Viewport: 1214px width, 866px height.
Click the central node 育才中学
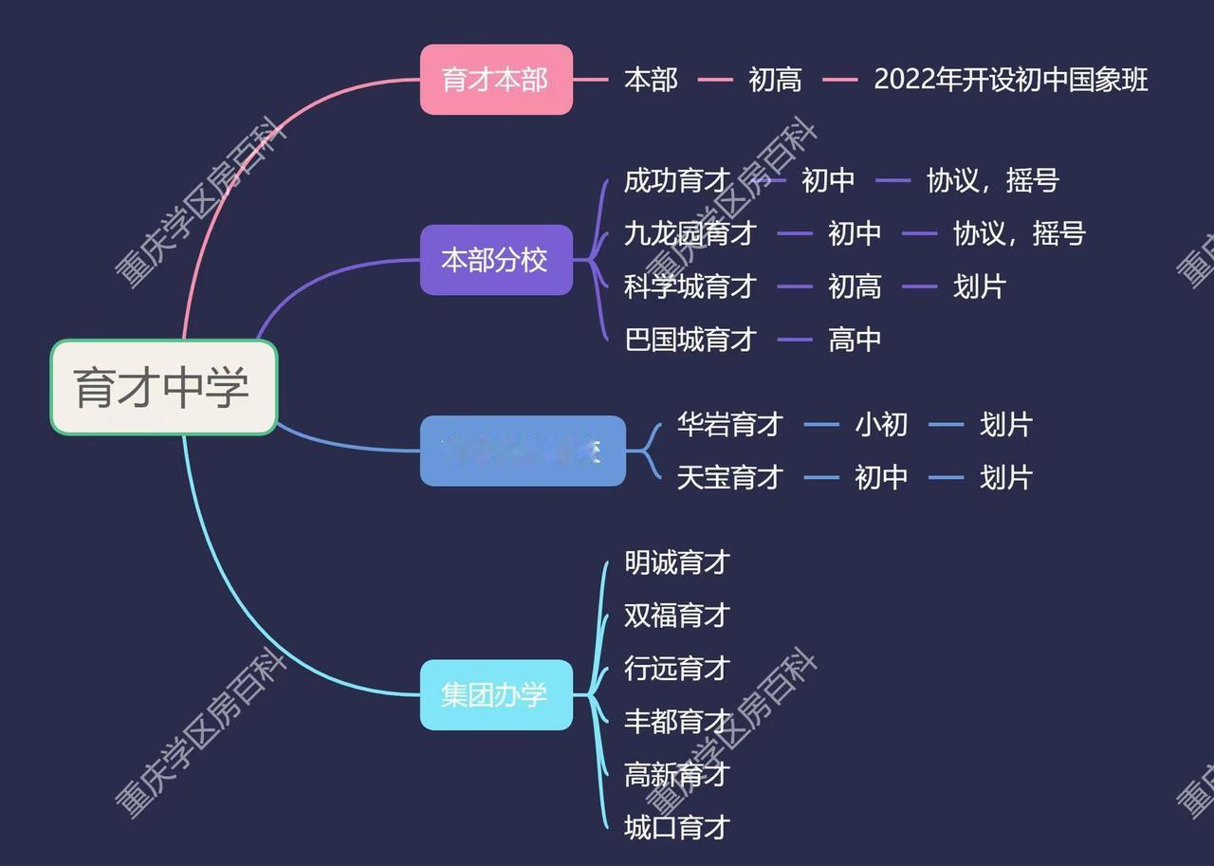coord(163,387)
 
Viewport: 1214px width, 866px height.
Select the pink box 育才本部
coord(496,80)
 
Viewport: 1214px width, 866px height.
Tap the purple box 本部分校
coord(496,260)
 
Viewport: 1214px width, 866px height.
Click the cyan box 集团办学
coord(496,694)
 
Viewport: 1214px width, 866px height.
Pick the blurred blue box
coord(523,451)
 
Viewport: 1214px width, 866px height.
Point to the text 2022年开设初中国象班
coord(1010,80)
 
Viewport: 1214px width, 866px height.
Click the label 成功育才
coord(677,180)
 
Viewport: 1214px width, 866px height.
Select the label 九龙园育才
coord(690,233)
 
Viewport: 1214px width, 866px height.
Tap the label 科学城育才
coord(690,286)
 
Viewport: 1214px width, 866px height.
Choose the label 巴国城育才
coord(690,340)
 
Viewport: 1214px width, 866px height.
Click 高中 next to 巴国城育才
coord(855,340)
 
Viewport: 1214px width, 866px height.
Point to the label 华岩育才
coord(729,424)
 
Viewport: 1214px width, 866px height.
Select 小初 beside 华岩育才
coord(881,424)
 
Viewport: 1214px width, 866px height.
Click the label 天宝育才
coord(729,477)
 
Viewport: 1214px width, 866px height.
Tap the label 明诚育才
coord(677,562)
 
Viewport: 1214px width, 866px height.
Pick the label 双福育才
coord(677,616)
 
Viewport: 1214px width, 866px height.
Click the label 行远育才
coord(677,669)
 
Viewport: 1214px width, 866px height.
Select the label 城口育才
coord(677,827)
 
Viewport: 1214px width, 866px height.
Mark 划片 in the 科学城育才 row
coord(979,286)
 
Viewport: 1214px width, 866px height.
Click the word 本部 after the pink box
coord(651,80)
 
